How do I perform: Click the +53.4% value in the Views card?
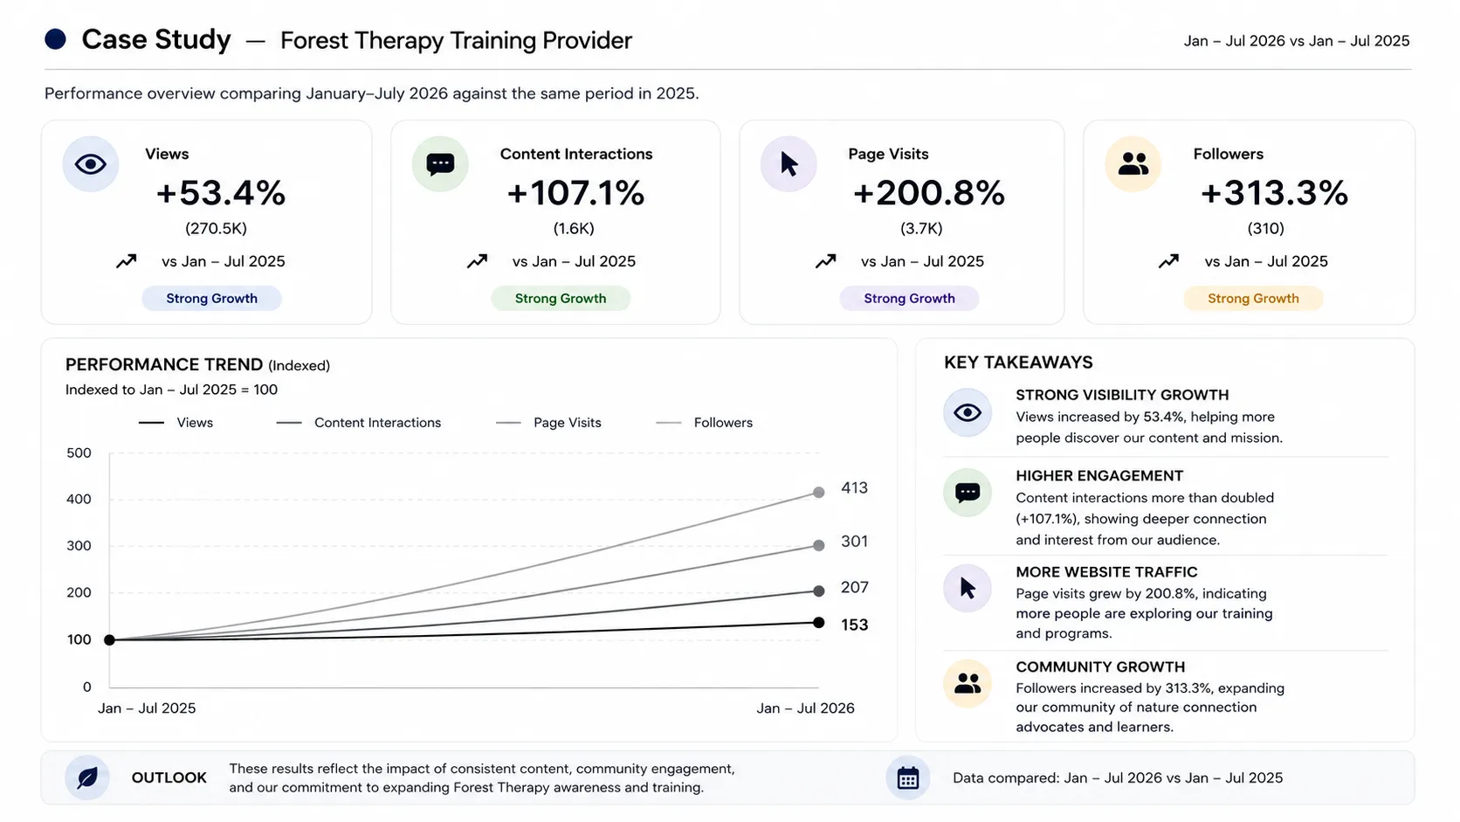click(x=220, y=193)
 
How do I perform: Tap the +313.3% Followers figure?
click(x=1274, y=193)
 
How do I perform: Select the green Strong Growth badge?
click(x=561, y=299)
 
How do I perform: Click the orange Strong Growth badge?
click(x=1253, y=299)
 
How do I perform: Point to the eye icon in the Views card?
click(x=91, y=163)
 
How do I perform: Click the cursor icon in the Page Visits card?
click(x=789, y=163)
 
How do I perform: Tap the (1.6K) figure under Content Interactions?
click(x=574, y=229)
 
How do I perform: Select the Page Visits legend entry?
click(x=548, y=423)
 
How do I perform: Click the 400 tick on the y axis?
click(x=79, y=500)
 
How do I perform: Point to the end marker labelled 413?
click(x=819, y=492)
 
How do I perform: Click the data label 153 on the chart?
click(x=855, y=625)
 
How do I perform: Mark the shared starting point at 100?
click(x=109, y=640)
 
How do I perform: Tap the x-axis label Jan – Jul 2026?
click(x=805, y=708)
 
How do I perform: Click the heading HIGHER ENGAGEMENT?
click(x=1099, y=476)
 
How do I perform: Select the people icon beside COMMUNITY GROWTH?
click(x=968, y=683)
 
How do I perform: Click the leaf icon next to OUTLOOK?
click(x=87, y=777)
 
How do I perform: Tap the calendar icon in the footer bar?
click(x=908, y=777)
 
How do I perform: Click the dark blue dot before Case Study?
click(x=55, y=40)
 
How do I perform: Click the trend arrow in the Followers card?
click(x=1168, y=261)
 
